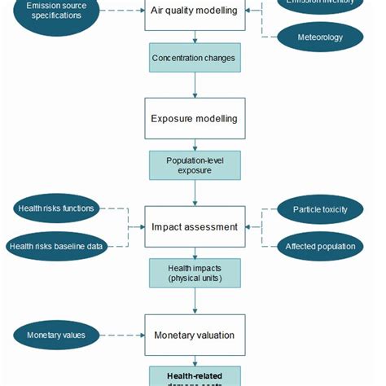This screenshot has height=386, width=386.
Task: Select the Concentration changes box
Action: coord(194,58)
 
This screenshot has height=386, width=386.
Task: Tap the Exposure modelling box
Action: coord(194,118)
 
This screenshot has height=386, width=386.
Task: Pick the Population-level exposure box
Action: coord(194,165)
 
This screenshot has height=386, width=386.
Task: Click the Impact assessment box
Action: coord(194,227)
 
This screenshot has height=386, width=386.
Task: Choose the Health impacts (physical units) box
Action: coord(194,273)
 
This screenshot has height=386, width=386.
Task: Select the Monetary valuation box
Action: coord(194,335)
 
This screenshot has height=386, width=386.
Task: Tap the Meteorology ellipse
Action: coord(319,37)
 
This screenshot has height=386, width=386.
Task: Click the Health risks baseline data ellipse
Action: coord(56,246)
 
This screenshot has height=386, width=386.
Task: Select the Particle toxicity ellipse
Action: coord(320,209)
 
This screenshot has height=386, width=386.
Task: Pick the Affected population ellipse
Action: coord(320,246)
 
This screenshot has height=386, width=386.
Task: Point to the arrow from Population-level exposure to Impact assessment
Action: coord(194,192)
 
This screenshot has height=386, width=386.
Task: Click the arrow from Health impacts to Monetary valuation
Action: coord(194,300)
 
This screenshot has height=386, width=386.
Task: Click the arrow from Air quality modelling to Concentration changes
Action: coord(194,37)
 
